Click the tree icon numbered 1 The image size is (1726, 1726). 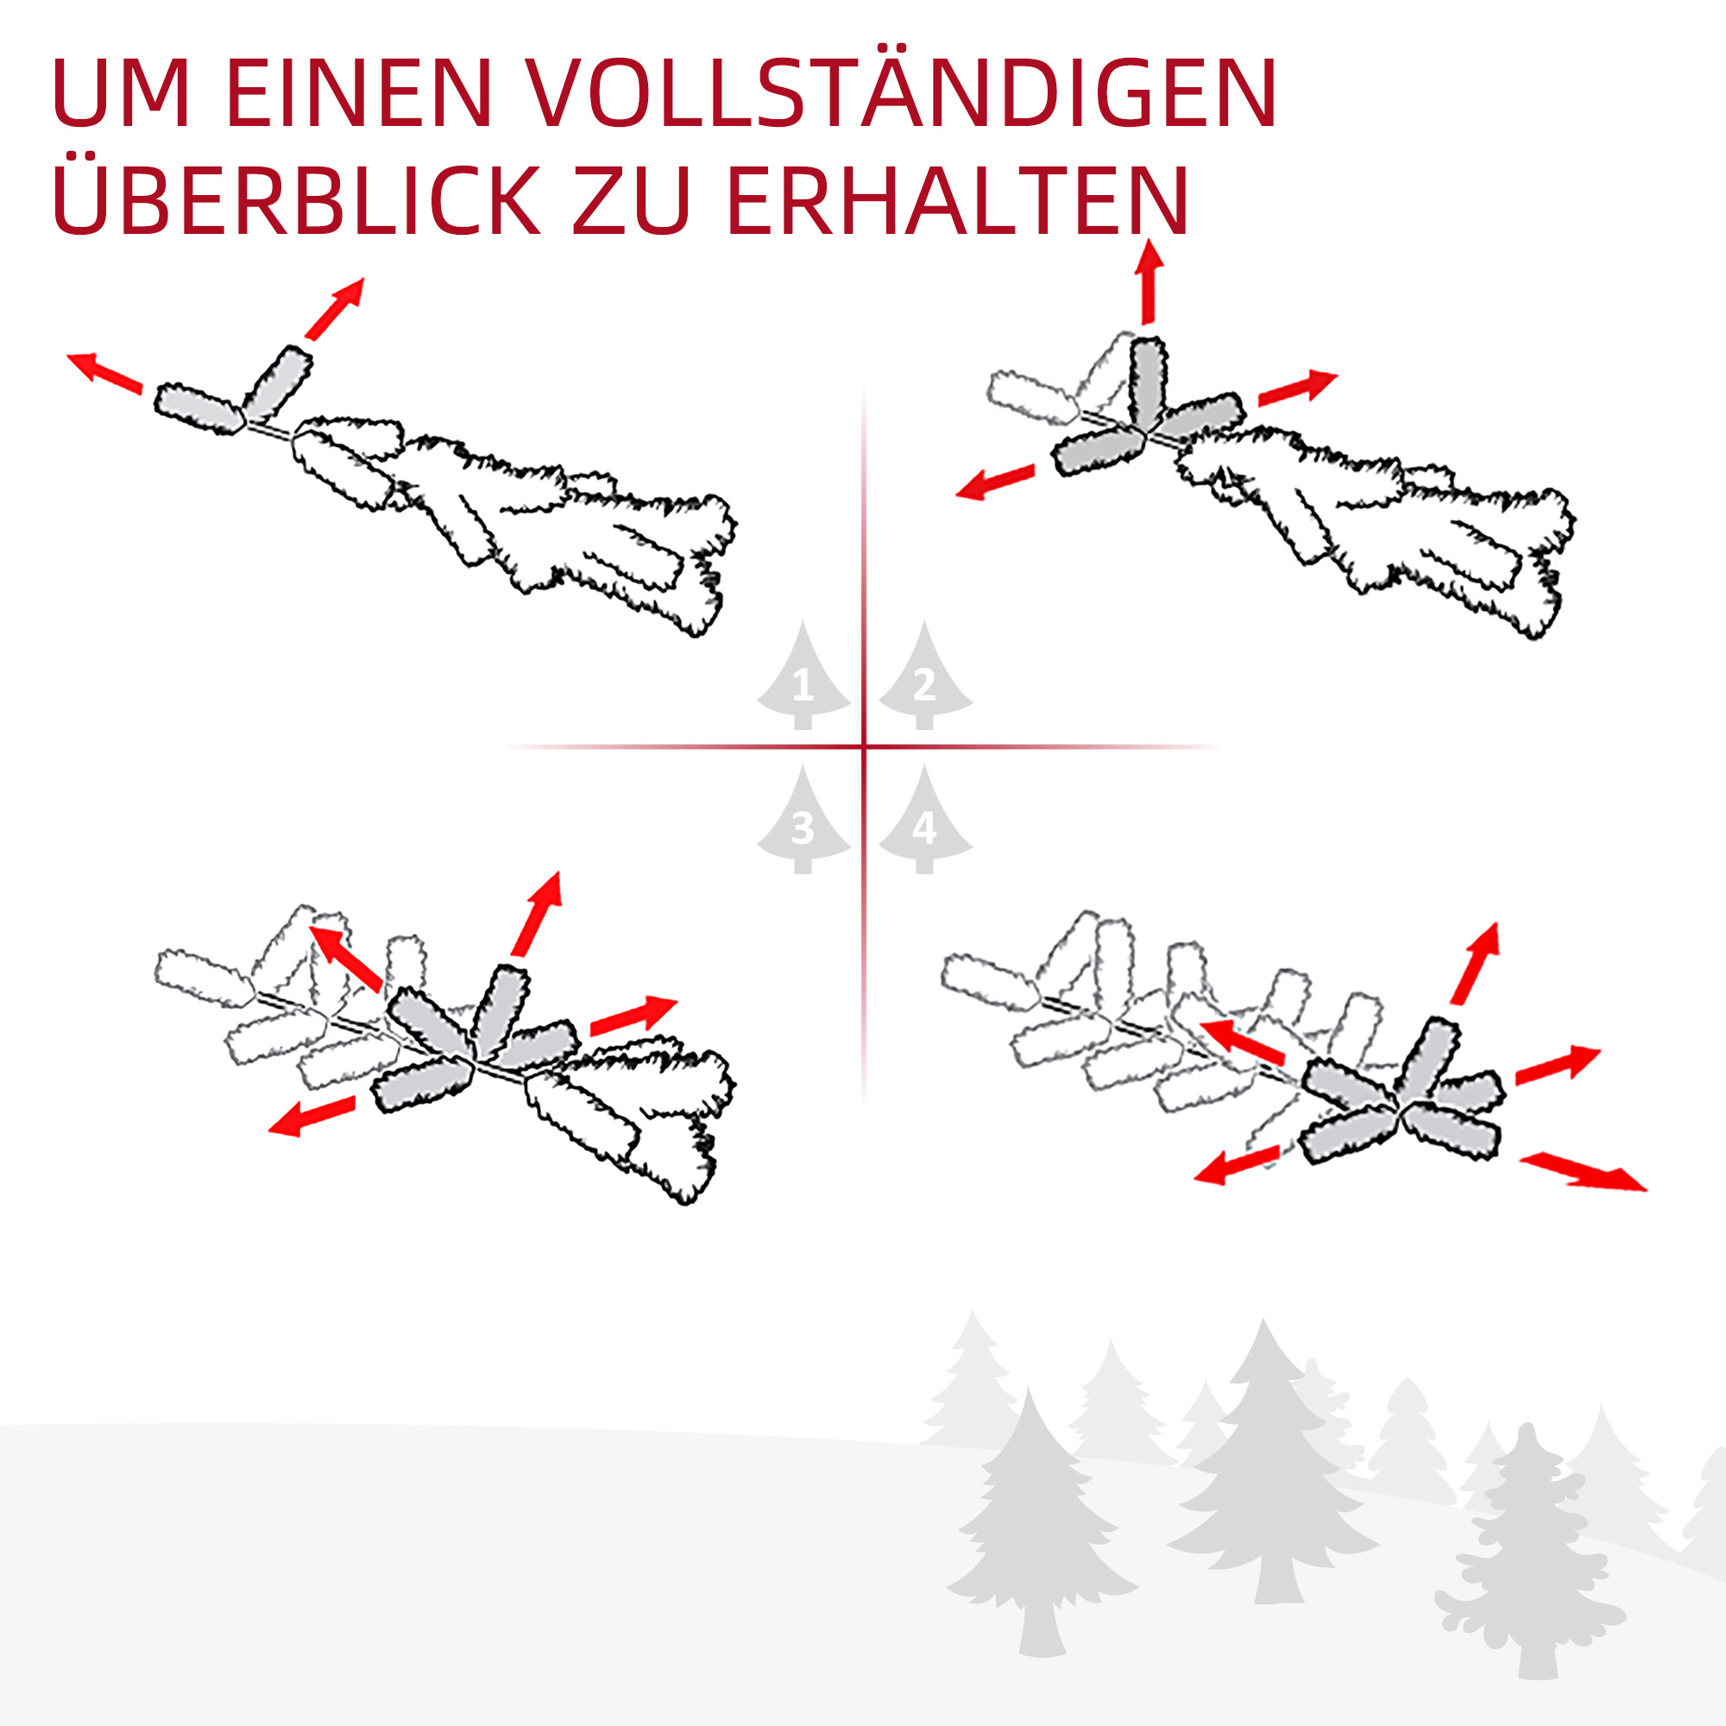(x=803, y=676)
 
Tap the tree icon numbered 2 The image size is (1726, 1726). (x=924, y=676)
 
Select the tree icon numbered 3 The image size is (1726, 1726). (x=803, y=818)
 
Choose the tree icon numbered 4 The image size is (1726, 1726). (x=924, y=818)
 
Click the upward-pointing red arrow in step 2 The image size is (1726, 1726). (x=1150, y=281)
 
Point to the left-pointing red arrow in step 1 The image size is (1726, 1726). (x=104, y=373)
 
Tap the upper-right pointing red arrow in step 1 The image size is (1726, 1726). (x=335, y=309)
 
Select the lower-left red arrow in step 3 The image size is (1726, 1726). (x=312, y=1117)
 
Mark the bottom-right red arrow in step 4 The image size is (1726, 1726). (x=1583, y=1172)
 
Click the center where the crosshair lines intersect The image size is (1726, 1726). (x=864, y=746)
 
